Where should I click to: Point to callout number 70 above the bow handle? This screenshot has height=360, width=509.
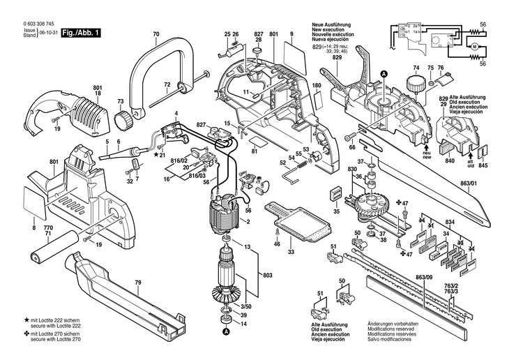(155, 34)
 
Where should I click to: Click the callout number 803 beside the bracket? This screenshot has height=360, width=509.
(266, 276)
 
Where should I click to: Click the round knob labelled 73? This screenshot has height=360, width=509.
(125, 119)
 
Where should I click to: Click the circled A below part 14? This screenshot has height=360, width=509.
(226, 333)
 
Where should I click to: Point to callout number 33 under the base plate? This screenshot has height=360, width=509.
(291, 251)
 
